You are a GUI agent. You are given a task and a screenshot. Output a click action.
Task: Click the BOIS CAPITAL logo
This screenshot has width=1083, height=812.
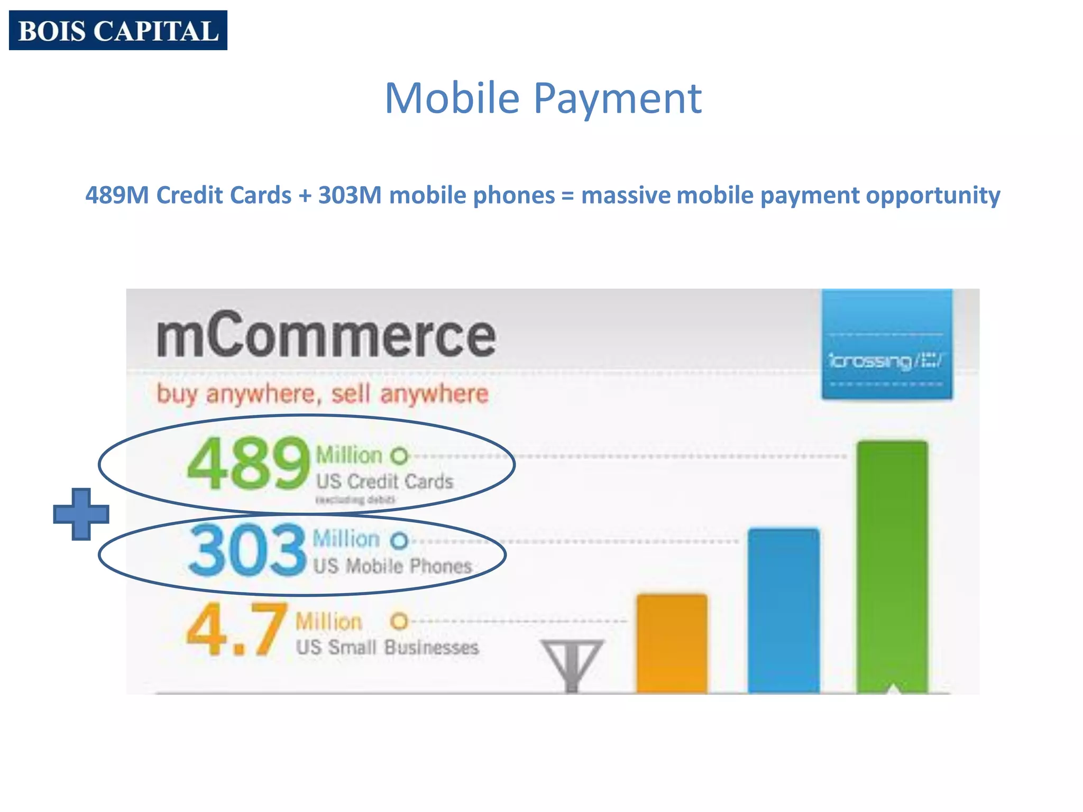click(118, 31)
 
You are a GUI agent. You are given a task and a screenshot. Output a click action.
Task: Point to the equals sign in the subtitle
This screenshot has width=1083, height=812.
click(567, 196)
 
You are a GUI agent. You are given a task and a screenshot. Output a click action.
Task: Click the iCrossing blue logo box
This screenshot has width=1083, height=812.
click(887, 344)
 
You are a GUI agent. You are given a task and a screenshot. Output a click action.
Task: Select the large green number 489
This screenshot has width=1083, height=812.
click(248, 464)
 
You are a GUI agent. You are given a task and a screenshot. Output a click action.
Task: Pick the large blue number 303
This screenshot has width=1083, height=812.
click(247, 550)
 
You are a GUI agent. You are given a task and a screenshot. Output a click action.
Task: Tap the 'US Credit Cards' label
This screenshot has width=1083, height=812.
click(384, 482)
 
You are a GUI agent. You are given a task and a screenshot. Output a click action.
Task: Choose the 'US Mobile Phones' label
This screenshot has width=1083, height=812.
click(392, 566)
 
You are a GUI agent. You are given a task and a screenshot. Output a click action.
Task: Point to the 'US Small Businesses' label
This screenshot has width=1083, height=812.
click(387, 648)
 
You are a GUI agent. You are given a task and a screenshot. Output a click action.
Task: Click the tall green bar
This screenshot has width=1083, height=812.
click(892, 566)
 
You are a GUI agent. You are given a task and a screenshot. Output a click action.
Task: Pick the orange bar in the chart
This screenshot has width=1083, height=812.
click(672, 643)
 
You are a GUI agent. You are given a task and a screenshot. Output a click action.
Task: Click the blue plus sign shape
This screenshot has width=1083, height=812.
click(81, 514)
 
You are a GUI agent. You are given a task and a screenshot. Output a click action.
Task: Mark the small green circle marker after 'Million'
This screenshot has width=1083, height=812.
click(400, 456)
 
